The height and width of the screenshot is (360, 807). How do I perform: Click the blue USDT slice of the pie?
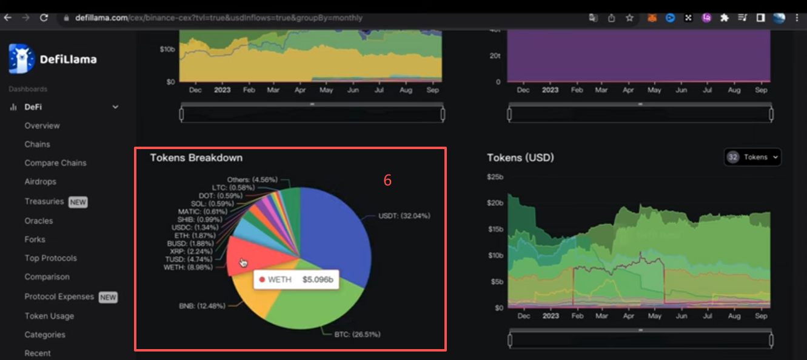point(335,234)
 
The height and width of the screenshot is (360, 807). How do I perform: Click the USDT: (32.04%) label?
point(404,216)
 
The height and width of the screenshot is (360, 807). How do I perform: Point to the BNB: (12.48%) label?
point(202,305)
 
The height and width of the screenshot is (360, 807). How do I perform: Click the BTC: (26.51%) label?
point(357,335)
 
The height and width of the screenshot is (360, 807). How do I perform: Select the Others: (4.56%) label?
point(252,179)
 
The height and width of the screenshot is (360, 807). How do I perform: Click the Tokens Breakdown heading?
point(196,158)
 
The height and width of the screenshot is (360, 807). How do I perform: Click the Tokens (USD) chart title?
point(521,158)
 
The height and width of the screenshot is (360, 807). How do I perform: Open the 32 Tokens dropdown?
point(752,157)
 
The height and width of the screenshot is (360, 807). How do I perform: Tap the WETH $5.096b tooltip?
point(296,279)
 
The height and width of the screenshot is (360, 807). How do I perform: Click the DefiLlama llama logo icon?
point(22,59)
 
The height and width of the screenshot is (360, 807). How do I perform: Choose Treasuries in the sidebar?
point(44,201)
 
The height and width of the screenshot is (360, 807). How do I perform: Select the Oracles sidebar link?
point(39,221)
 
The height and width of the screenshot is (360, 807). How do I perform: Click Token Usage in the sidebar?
point(49,316)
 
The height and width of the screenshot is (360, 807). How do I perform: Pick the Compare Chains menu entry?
point(56,162)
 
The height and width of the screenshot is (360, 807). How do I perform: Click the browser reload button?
point(44,18)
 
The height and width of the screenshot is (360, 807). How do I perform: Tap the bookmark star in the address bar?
point(629,18)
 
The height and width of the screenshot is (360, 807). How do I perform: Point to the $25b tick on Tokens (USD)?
point(495,177)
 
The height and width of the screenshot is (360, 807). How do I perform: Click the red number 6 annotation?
point(387,180)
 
